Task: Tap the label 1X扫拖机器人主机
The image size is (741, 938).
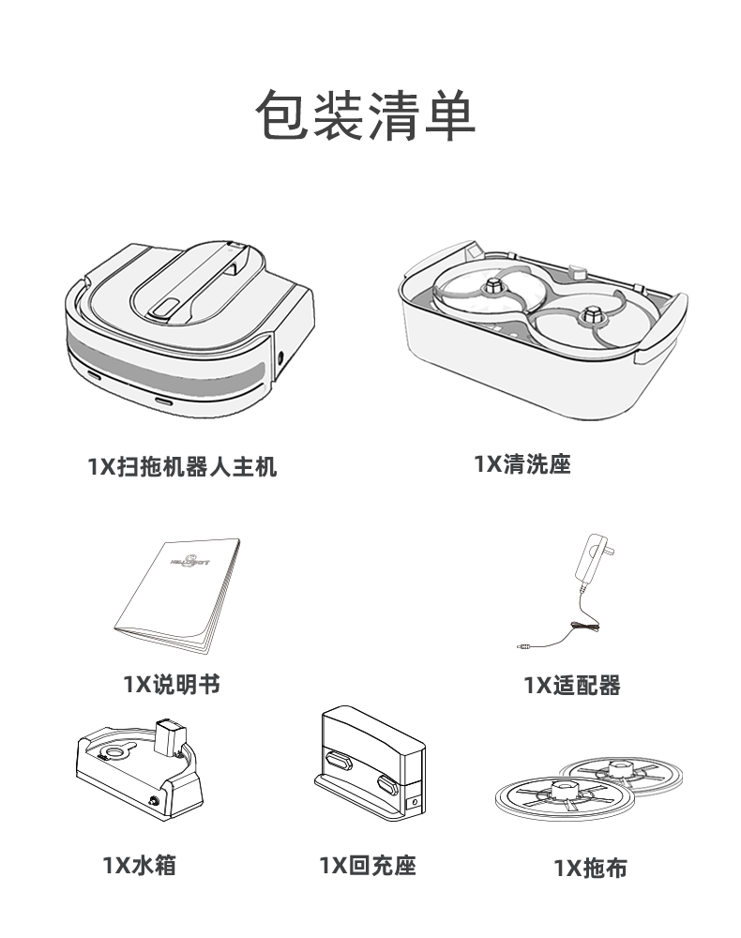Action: coord(182,466)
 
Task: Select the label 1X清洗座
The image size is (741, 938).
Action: coord(522,463)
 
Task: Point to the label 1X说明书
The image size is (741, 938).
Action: coord(172,684)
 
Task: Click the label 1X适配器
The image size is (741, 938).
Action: coord(572,686)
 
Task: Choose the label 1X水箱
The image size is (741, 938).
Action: coord(139,864)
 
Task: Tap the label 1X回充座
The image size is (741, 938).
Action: coord(367,865)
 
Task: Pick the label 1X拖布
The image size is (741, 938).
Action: coord(590,868)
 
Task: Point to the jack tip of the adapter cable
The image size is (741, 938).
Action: coord(521,646)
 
